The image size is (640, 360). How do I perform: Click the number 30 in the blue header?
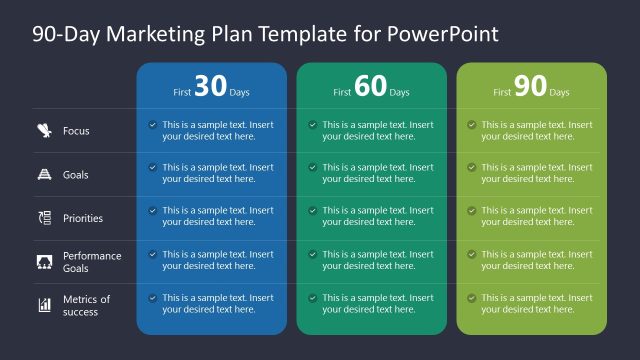click(x=211, y=87)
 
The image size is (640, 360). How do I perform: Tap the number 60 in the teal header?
click(x=370, y=87)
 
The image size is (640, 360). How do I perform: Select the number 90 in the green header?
click(x=530, y=87)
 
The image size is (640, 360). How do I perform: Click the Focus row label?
click(x=76, y=131)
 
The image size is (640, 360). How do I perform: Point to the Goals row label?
click(x=76, y=175)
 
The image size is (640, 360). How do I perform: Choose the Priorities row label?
click(x=83, y=218)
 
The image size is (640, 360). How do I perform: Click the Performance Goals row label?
click(x=92, y=262)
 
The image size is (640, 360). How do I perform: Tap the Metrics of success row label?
click(x=87, y=305)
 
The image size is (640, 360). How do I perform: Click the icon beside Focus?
click(x=44, y=130)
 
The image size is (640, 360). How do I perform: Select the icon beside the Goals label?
click(x=44, y=174)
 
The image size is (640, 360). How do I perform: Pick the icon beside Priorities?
click(x=44, y=218)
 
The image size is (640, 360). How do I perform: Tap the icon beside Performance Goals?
click(x=44, y=262)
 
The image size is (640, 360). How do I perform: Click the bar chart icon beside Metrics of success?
click(x=44, y=305)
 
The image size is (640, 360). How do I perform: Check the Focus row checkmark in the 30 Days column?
click(x=153, y=125)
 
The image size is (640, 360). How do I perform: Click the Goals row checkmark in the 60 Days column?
click(x=313, y=168)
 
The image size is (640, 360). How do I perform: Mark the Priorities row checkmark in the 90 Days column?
click(x=472, y=211)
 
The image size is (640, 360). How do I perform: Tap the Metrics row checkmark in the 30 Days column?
click(x=153, y=298)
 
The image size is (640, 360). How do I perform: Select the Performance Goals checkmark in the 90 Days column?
click(x=472, y=255)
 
